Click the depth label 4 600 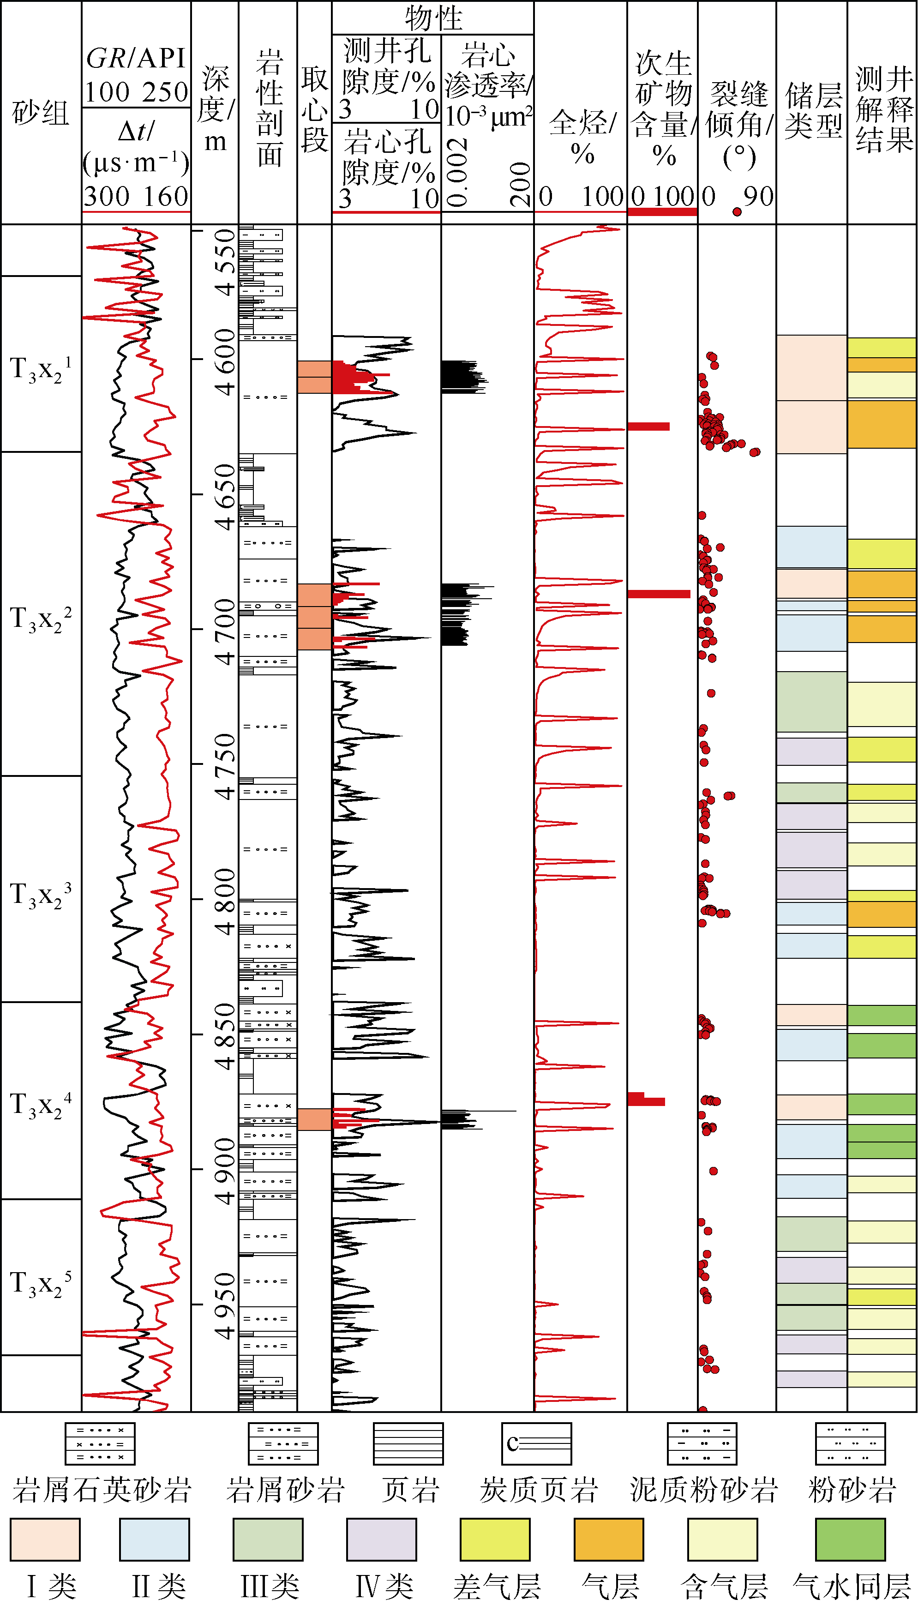pos(224,362)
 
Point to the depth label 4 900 pos(224,1171)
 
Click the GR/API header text pos(136,58)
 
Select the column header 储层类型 pos(813,110)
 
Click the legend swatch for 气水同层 pos(850,1539)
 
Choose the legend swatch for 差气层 pos(495,1539)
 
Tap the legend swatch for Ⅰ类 pos(45,1539)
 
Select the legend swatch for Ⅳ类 pos(381,1539)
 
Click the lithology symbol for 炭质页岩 pos(537,1443)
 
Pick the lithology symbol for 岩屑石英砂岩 pos(100,1443)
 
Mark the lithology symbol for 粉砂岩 pos(850,1443)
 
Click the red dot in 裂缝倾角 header pos(737,212)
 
